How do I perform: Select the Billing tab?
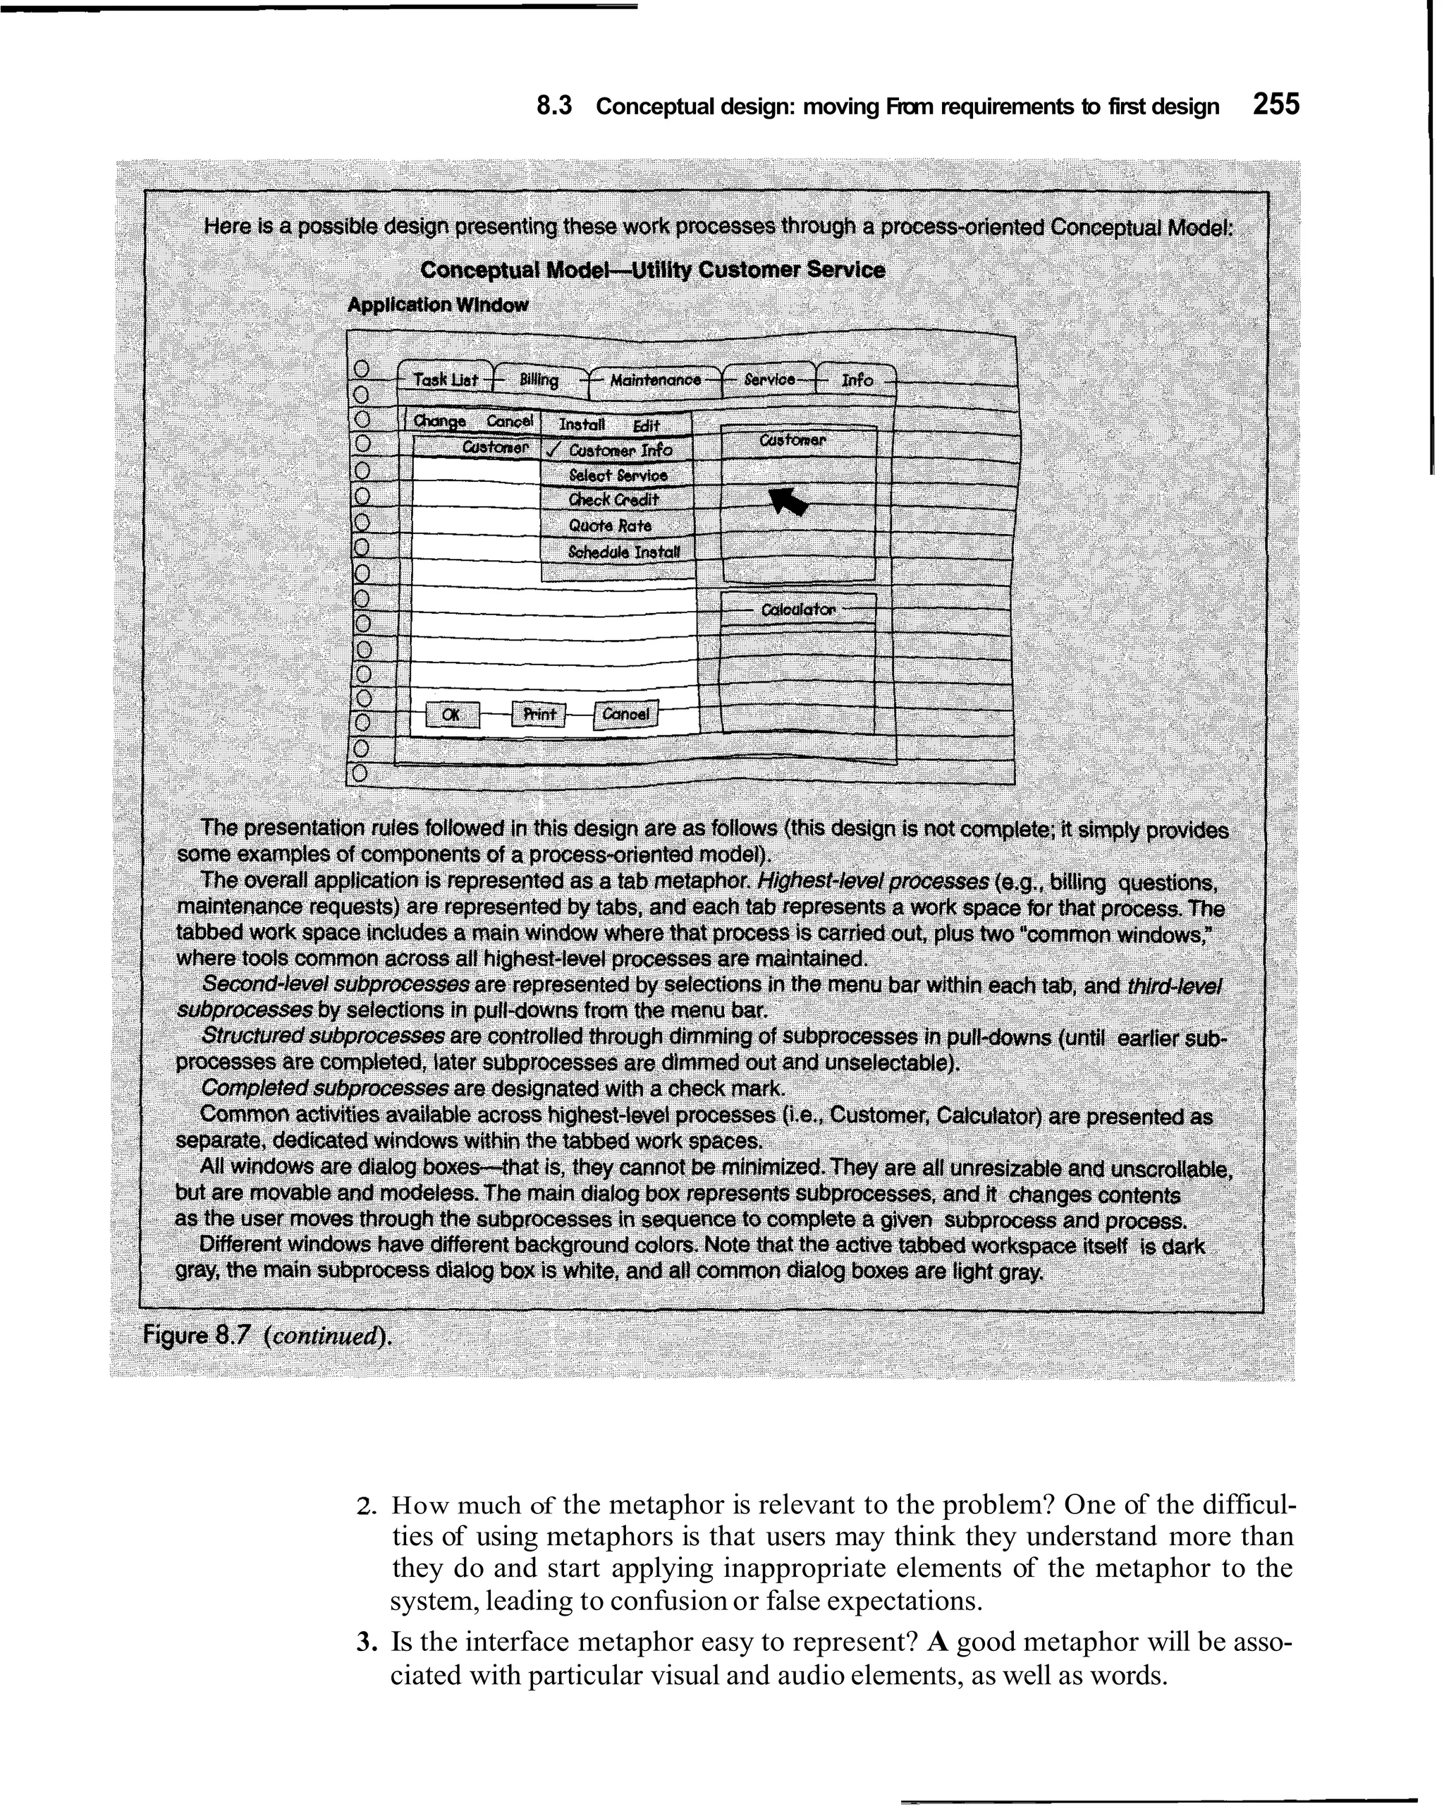[x=539, y=380]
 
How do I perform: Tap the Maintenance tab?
[x=655, y=380]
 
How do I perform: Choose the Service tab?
[x=769, y=380]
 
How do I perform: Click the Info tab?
[x=856, y=380]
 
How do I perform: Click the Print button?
[x=539, y=714]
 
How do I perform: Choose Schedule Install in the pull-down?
[x=625, y=553]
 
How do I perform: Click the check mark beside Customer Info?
[x=552, y=451]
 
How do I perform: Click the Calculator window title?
[x=797, y=610]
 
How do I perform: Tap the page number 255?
[x=1275, y=105]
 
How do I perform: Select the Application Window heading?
[x=438, y=305]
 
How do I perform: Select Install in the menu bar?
[x=581, y=425]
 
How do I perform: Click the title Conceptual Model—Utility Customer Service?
[x=651, y=270]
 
